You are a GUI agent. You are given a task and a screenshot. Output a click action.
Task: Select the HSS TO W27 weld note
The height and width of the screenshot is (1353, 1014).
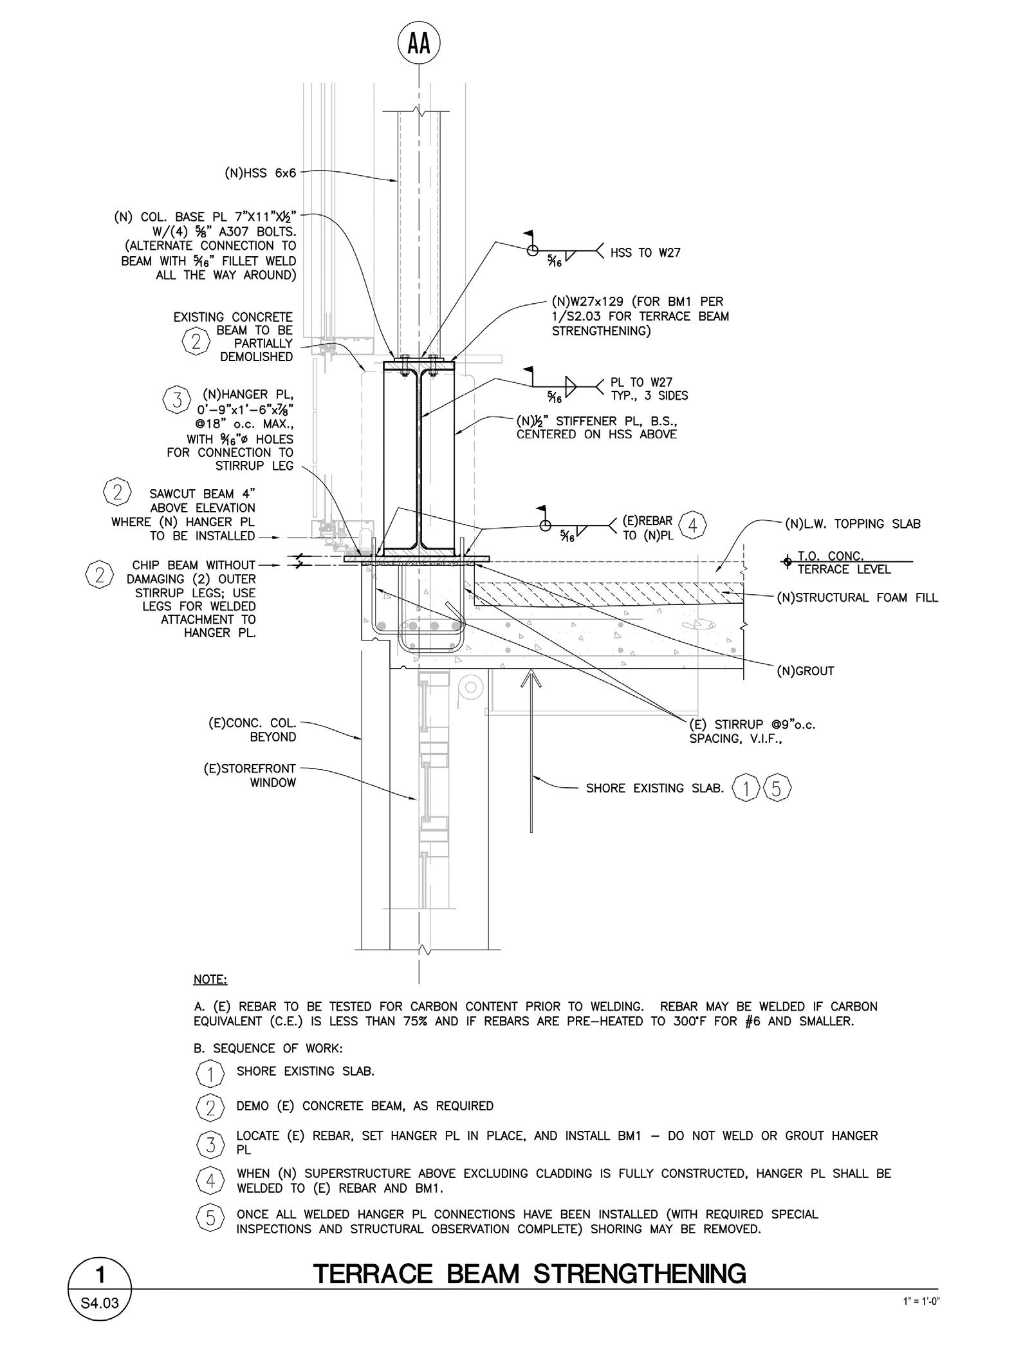(645, 253)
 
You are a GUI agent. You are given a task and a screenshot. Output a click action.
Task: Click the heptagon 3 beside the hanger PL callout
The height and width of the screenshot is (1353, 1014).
(176, 400)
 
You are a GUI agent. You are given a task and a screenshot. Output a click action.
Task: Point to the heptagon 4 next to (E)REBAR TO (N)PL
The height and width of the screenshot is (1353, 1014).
(692, 525)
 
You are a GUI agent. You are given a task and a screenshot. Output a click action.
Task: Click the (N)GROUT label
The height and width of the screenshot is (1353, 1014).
(806, 671)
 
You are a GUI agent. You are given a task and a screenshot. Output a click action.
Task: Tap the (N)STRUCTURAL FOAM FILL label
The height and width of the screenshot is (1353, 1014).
(857, 597)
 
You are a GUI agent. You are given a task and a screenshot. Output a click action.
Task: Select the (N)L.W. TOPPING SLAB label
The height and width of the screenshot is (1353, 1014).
(853, 524)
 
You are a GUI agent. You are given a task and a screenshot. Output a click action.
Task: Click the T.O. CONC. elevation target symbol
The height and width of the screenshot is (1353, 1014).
(786, 562)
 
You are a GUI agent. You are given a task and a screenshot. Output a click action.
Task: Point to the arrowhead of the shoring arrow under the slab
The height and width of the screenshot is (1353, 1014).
(530, 675)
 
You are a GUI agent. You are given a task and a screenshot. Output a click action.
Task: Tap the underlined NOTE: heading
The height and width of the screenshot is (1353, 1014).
(210, 980)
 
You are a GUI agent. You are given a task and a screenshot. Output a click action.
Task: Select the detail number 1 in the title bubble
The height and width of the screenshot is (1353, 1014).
(100, 1274)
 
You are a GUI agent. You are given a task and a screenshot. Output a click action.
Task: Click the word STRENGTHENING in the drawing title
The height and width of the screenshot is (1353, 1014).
(641, 1274)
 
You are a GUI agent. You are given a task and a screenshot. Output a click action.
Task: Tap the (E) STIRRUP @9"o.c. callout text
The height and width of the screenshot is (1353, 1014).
(751, 732)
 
